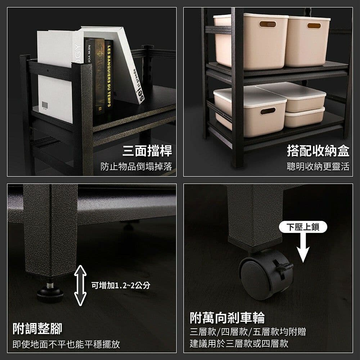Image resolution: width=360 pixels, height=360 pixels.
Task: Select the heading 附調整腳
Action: click(x=37, y=328)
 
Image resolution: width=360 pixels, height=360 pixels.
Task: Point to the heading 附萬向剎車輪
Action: click(x=227, y=318)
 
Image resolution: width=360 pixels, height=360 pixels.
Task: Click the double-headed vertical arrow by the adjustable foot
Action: click(x=80, y=285)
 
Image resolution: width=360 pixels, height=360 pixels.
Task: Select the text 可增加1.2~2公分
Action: click(x=120, y=285)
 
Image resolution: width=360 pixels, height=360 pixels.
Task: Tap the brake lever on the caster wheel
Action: click(x=284, y=266)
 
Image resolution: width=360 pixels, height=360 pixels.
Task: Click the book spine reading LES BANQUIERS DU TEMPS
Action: click(x=108, y=76)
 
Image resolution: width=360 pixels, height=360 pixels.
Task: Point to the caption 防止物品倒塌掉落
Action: click(x=136, y=166)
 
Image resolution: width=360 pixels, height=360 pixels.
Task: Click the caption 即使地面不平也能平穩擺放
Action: click(x=66, y=344)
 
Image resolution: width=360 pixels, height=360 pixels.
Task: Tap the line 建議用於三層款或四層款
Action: click(x=239, y=343)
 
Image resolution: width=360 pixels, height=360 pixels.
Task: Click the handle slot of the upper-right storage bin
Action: click(x=314, y=26)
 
